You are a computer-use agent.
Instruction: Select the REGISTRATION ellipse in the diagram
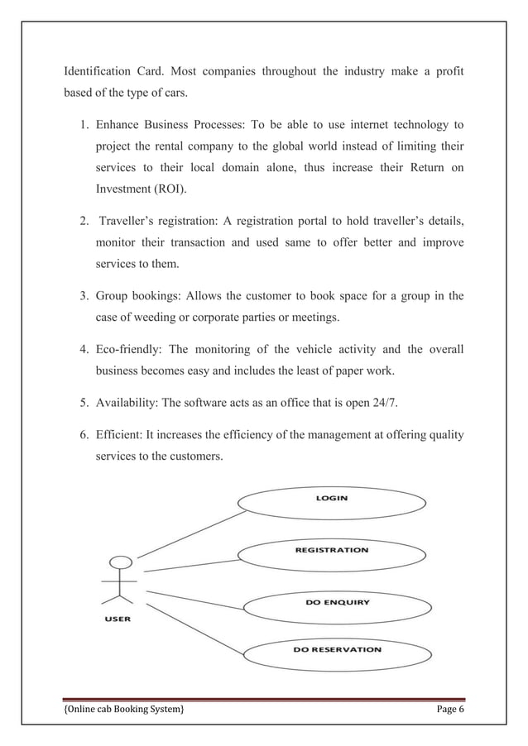coord(331,551)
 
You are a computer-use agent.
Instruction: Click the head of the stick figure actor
coord(121,562)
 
